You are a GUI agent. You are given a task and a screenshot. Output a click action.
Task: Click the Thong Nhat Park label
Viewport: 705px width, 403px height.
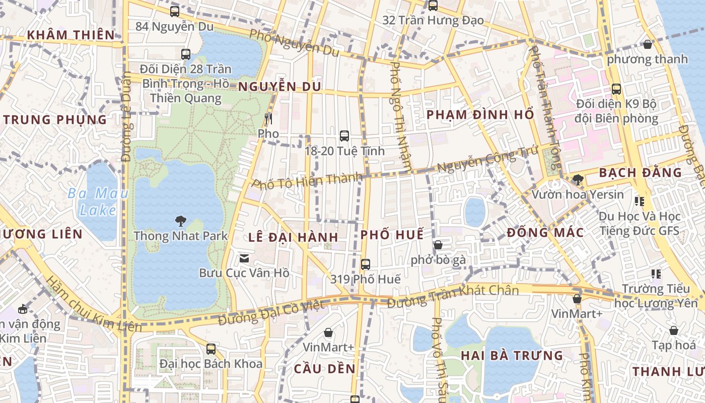[181, 236]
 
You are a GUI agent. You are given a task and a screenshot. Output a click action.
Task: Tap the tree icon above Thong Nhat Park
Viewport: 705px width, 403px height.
[180, 221]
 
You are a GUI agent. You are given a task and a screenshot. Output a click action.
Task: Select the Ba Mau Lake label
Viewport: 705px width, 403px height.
[98, 201]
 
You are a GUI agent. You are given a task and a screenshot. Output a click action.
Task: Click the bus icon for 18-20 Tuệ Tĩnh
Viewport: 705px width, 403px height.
[344, 136]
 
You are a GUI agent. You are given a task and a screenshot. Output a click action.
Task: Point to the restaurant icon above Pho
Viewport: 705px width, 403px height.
[268, 119]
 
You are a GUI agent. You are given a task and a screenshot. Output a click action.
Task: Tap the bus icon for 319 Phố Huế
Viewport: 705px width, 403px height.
[366, 264]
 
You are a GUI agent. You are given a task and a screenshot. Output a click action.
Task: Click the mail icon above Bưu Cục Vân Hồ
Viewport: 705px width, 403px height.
[244, 258]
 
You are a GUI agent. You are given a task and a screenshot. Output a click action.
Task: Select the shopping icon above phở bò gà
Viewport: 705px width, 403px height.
[438, 245]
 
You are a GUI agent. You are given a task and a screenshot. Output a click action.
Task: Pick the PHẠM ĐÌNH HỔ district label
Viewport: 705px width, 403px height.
[480, 115]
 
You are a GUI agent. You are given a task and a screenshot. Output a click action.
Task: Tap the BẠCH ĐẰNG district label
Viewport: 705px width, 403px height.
[640, 173]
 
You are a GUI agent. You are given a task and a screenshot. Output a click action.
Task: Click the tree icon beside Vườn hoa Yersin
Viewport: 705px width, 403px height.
[578, 179]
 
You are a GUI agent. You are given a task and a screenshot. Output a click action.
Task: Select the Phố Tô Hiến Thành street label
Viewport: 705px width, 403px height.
[307, 180]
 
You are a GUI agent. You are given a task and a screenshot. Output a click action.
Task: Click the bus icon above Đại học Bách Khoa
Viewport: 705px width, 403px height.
[211, 349]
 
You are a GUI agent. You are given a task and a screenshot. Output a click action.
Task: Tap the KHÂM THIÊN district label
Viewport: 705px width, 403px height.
[71, 35]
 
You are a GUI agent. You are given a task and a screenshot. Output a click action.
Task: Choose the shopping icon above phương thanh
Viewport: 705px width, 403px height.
[648, 44]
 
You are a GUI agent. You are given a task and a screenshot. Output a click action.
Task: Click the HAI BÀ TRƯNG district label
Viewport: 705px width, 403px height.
[512, 356]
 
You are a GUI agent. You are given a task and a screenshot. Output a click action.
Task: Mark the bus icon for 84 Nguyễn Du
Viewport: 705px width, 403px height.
[175, 12]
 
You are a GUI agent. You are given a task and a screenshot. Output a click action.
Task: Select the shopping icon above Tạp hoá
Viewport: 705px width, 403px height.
[674, 331]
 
